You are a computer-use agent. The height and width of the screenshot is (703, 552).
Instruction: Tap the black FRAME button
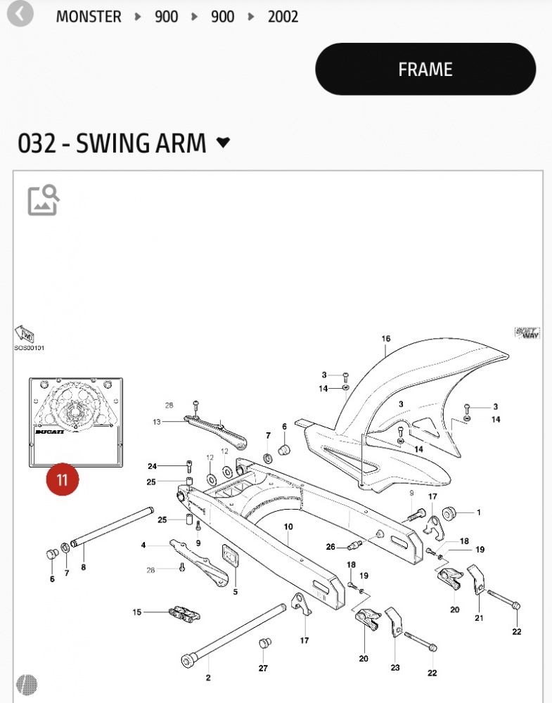425,69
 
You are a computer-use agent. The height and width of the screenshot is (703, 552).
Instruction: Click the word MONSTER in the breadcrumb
89,16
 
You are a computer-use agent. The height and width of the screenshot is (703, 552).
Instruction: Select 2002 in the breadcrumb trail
283,16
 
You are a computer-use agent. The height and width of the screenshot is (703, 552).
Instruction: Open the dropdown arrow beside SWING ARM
223,143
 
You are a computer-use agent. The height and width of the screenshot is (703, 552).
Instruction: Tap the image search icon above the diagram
44,200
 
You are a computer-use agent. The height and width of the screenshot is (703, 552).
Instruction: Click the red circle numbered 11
63,479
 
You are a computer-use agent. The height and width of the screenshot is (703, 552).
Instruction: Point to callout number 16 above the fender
385,339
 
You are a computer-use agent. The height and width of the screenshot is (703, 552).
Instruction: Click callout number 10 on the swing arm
288,527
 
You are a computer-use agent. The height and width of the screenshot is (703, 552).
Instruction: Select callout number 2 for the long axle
208,678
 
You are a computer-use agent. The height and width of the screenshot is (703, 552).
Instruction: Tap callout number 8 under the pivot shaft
83,567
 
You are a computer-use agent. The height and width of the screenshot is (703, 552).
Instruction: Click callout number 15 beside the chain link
137,612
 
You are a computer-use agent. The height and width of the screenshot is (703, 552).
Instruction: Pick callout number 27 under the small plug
263,668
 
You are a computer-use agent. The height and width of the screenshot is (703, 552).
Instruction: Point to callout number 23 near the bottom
395,668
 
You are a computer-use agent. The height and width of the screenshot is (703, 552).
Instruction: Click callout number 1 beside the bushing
479,512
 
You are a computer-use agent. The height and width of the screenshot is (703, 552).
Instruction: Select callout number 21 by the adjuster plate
479,618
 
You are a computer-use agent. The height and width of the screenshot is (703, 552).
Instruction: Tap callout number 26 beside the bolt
330,547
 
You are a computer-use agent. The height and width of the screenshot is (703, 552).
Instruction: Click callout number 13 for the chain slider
157,422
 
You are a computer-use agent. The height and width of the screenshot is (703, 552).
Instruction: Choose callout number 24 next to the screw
152,466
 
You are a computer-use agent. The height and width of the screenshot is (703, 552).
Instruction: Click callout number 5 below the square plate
236,591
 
